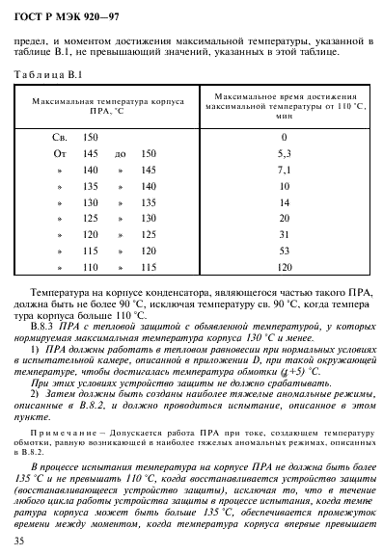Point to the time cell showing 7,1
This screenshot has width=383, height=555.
[284, 171]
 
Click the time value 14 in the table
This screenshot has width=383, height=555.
[284, 203]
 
